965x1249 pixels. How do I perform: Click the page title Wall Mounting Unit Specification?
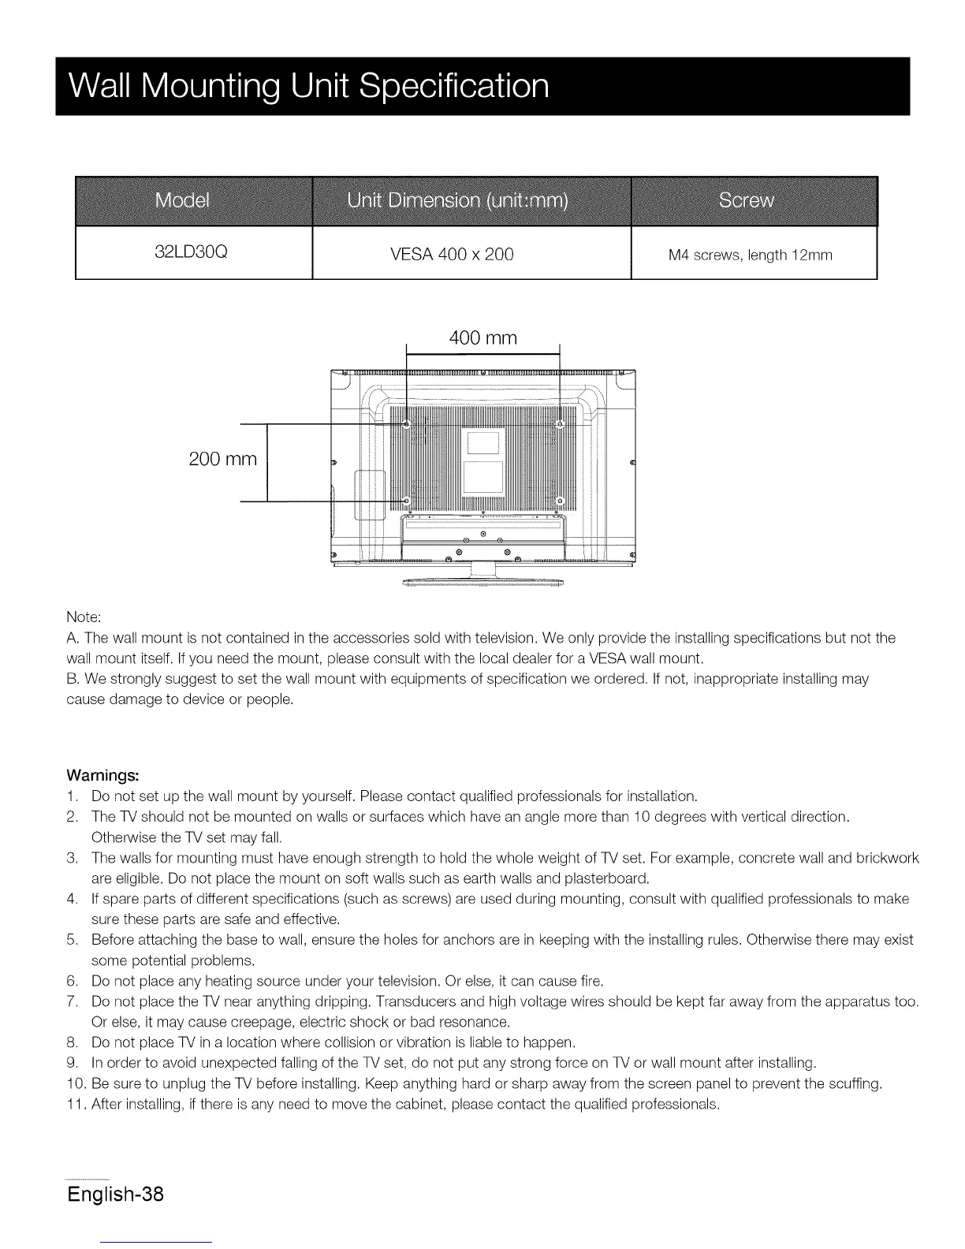(308, 85)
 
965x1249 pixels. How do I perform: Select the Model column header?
(183, 200)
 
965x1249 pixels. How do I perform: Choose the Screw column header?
(746, 200)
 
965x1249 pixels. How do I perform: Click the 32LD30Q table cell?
(192, 253)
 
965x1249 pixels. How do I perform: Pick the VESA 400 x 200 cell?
(452, 254)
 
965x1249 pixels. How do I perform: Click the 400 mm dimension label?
(482, 338)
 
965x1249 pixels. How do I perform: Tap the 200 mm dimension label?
(223, 459)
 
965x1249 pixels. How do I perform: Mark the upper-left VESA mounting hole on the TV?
(406, 424)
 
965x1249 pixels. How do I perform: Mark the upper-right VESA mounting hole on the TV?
(561, 424)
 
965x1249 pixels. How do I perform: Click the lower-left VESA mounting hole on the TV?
(406, 501)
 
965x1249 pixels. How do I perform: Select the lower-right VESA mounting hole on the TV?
(561, 501)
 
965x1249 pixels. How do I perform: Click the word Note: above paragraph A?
(84, 616)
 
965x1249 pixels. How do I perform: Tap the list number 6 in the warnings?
(72, 981)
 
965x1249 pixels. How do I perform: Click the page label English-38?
(115, 1193)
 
